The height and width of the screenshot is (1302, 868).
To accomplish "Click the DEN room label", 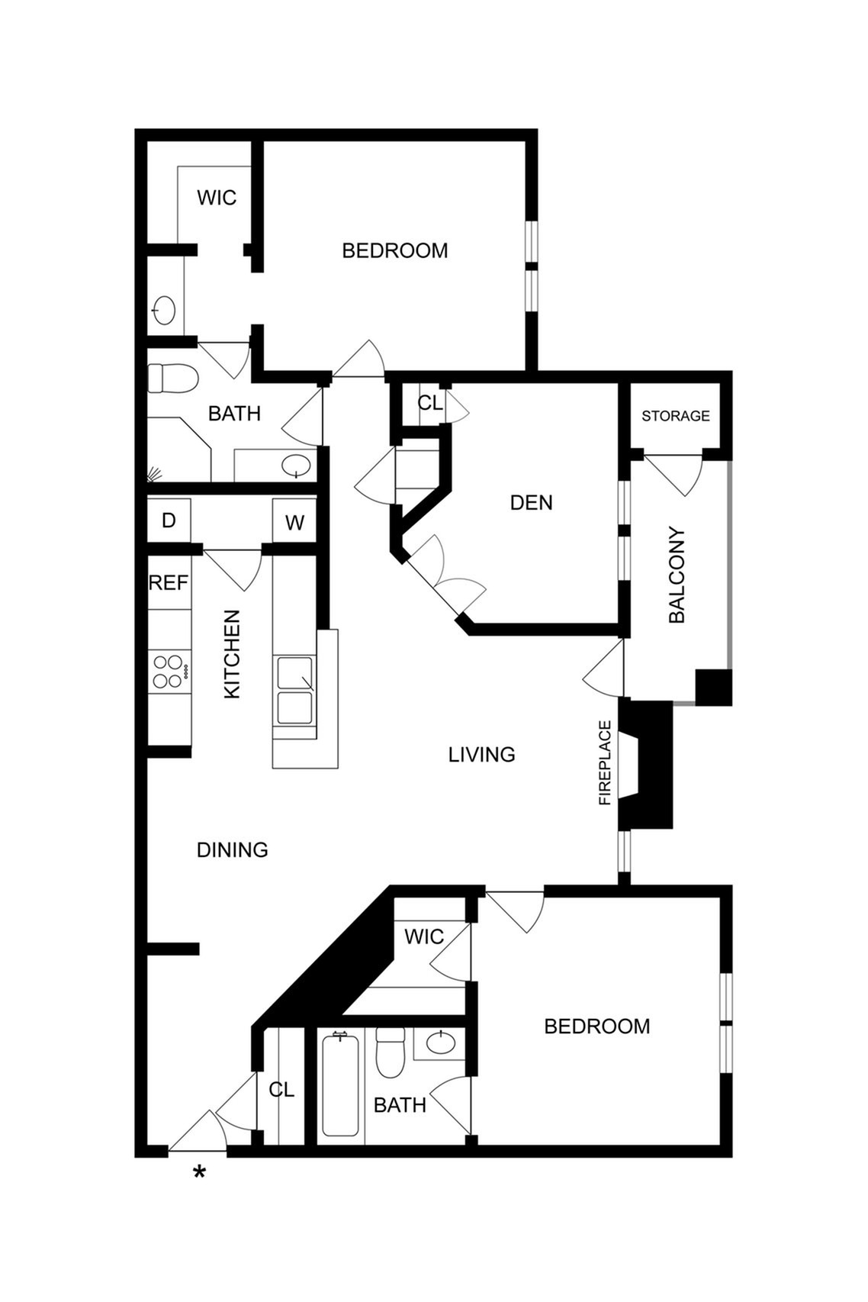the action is (x=531, y=503).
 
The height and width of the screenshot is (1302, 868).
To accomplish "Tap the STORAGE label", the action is (x=676, y=416).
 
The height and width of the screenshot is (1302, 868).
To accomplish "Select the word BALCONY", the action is (x=677, y=575).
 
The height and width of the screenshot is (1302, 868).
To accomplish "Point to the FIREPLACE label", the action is (x=606, y=762).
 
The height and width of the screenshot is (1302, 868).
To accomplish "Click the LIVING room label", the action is (x=481, y=755).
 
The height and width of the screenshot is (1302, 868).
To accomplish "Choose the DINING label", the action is (x=233, y=850).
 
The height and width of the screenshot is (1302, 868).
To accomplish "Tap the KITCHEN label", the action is (x=232, y=654).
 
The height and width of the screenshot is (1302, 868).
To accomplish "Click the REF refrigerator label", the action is (x=169, y=582).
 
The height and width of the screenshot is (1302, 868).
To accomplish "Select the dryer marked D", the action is (x=169, y=520).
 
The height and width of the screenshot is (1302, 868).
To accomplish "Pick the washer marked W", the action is (x=294, y=523).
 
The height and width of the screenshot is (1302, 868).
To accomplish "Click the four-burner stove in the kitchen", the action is (x=169, y=672).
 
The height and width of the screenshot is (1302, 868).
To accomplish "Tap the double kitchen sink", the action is (x=294, y=691).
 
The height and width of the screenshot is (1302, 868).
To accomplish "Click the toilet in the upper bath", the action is (x=172, y=379).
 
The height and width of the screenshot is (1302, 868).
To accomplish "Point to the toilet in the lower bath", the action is (x=391, y=1052).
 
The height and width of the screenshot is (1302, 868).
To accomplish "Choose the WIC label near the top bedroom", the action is (x=217, y=198).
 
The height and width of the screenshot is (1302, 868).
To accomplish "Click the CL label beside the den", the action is (x=430, y=402).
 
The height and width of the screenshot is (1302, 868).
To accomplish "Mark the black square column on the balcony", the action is (x=714, y=687).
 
